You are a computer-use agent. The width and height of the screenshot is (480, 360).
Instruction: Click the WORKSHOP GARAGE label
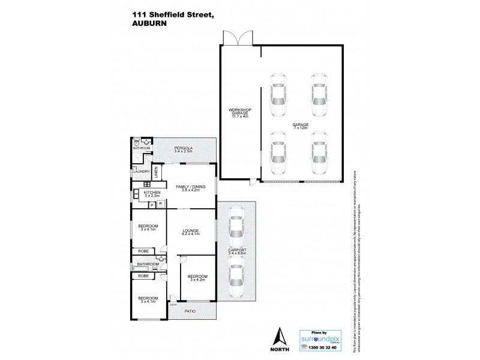[x=240, y=113]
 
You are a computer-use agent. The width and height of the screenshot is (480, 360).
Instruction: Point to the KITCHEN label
[x=151, y=194]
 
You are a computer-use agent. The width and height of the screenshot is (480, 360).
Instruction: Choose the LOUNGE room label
[x=191, y=232]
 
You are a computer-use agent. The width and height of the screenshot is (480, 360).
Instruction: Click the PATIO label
[x=190, y=311]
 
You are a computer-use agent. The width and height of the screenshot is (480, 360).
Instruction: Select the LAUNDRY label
[x=141, y=172]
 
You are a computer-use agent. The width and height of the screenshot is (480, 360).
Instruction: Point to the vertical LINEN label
[x=155, y=171]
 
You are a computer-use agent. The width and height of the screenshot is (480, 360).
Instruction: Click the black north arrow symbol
[x=277, y=337]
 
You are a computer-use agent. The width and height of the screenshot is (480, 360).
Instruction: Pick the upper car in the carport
[x=236, y=224]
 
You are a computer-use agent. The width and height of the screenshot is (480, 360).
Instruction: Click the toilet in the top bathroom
[x=137, y=143]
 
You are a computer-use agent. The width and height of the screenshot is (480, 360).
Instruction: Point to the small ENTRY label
[x=173, y=304]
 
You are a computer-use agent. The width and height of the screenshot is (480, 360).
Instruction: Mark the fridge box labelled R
[x=160, y=205]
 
